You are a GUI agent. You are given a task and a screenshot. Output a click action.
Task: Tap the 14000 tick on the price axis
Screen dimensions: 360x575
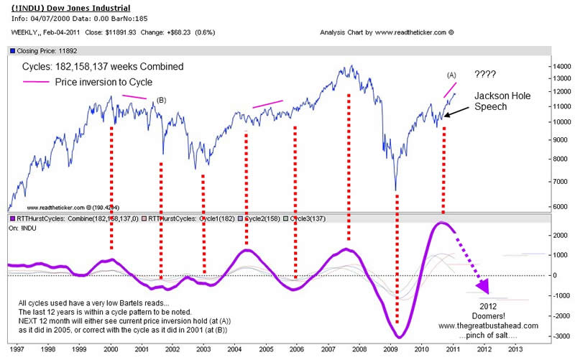561,66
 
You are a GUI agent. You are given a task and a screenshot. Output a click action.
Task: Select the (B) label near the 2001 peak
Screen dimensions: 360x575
162,101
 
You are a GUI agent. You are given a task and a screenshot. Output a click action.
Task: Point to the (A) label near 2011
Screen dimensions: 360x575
452,75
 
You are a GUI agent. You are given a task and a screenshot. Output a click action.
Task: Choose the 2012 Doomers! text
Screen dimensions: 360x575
479,311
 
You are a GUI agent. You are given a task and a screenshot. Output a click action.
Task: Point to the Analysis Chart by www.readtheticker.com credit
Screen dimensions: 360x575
388,33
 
